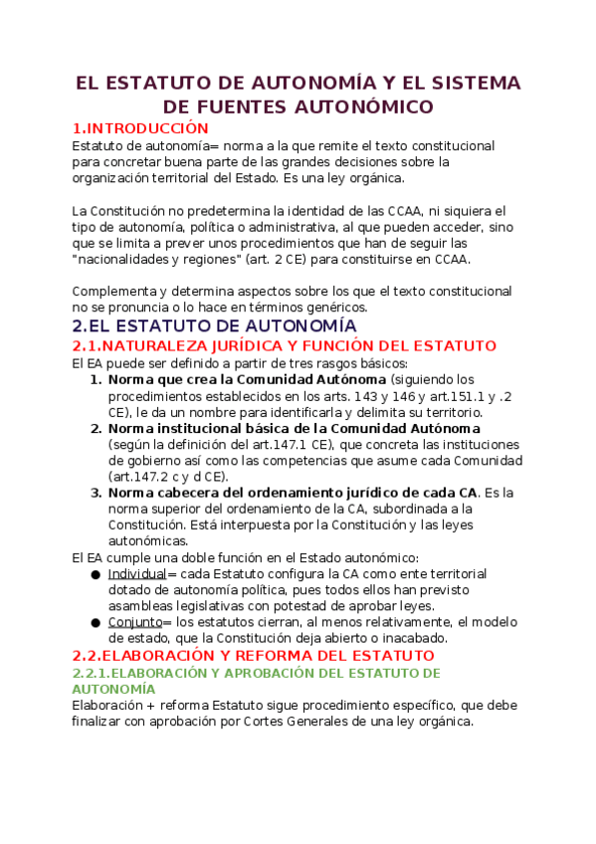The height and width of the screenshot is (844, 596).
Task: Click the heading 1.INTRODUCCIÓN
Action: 140,128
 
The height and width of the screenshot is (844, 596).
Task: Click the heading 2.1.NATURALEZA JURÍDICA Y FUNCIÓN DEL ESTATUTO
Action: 284,345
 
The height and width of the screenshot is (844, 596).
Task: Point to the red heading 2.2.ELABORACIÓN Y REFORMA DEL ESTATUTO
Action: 253,656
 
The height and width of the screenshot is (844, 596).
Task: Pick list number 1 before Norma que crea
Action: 96,379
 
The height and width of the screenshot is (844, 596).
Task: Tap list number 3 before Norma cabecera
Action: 96,493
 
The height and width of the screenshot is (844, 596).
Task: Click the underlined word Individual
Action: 136,574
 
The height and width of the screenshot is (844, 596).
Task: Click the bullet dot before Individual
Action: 95,574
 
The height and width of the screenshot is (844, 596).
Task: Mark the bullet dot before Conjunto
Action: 95,622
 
